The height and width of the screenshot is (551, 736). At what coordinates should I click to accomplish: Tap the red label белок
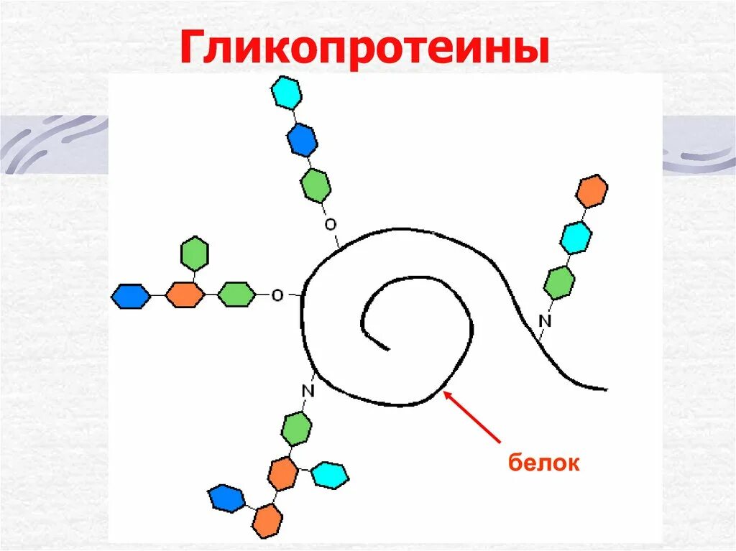pyautogui.click(x=543, y=463)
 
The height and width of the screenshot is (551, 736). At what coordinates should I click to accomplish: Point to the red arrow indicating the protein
pyautogui.click(x=474, y=417)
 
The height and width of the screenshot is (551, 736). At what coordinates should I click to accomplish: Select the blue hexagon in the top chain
pyautogui.click(x=302, y=139)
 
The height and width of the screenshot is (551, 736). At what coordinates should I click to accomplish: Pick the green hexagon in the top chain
pyautogui.click(x=316, y=186)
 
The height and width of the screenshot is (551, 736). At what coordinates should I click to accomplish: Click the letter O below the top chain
pyautogui.click(x=330, y=225)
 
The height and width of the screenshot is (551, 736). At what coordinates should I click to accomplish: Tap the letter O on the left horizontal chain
pyautogui.click(x=277, y=295)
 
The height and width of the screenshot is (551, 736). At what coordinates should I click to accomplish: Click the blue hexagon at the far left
pyautogui.click(x=131, y=295)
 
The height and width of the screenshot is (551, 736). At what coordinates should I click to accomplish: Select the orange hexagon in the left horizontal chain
pyautogui.click(x=185, y=295)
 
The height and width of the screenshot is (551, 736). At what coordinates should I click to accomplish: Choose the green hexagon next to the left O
pyautogui.click(x=236, y=295)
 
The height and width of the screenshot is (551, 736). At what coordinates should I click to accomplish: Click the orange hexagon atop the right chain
pyautogui.click(x=592, y=190)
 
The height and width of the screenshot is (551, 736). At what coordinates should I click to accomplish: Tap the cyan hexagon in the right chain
pyautogui.click(x=576, y=237)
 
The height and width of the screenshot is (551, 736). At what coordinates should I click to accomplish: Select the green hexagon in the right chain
pyautogui.click(x=559, y=282)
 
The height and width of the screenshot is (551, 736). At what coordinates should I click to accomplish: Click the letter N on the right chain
pyautogui.click(x=544, y=321)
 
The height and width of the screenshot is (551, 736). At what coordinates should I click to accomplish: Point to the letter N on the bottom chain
pyautogui.click(x=308, y=391)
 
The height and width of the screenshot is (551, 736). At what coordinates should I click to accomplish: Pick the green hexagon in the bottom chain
pyautogui.click(x=296, y=429)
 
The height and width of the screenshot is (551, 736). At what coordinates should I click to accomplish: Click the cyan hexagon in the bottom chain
pyautogui.click(x=330, y=475)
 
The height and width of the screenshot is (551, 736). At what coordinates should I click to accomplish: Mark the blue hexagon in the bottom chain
pyautogui.click(x=226, y=499)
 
